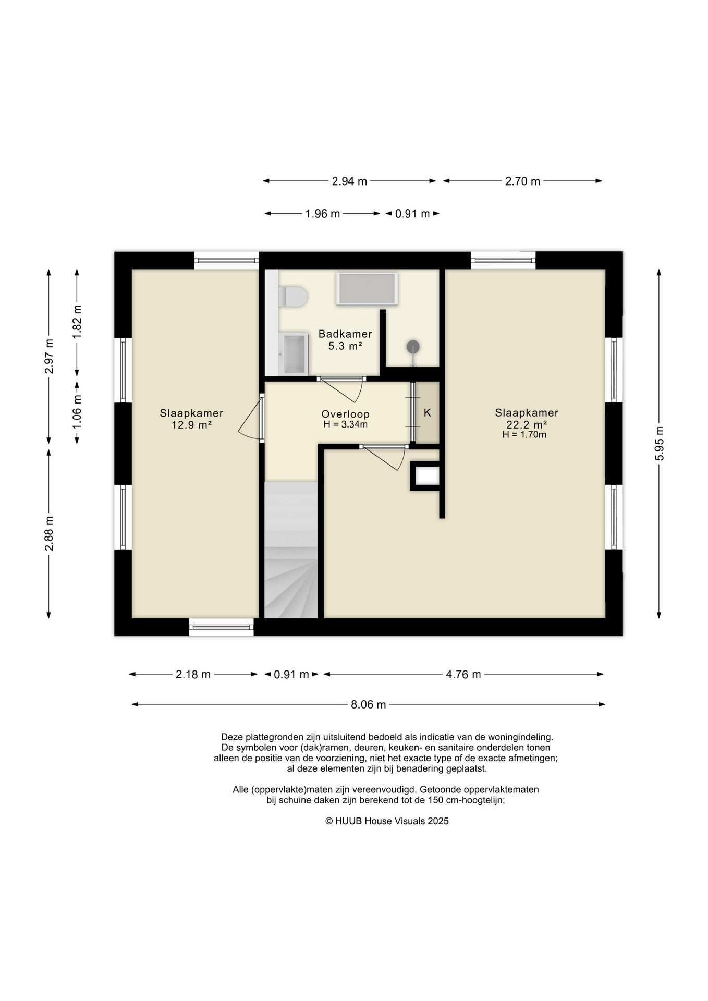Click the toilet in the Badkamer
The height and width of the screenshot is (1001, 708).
pyautogui.click(x=292, y=297)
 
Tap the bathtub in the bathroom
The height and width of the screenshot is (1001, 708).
pyautogui.click(x=368, y=289)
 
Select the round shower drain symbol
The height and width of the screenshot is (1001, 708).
pyautogui.click(x=413, y=347)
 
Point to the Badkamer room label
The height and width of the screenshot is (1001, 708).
pyautogui.click(x=345, y=334)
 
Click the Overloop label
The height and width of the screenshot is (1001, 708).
pyautogui.click(x=345, y=414)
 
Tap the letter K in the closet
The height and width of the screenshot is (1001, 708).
pyautogui.click(x=428, y=413)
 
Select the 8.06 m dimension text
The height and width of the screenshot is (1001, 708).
pyautogui.click(x=369, y=705)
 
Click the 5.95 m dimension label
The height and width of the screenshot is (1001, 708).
pyautogui.click(x=660, y=444)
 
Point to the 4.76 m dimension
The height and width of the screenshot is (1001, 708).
pyautogui.click(x=463, y=674)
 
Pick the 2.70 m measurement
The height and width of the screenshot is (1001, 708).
pyautogui.click(x=522, y=181)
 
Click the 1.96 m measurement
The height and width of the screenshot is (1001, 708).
pyautogui.click(x=323, y=214)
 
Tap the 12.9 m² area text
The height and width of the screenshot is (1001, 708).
pyautogui.click(x=191, y=425)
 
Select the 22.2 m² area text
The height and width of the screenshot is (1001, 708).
pyautogui.click(x=527, y=424)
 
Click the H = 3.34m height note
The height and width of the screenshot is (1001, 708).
pyautogui.click(x=345, y=424)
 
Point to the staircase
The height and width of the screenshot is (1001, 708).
pyautogui.click(x=291, y=550)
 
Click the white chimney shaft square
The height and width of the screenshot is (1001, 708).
pyautogui.click(x=427, y=475)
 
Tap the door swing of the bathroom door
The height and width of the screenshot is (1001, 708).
pyautogui.click(x=341, y=389)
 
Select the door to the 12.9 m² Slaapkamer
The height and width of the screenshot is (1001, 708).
pyautogui.click(x=251, y=418)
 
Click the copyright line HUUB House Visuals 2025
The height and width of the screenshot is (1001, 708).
pyautogui.click(x=387, y=821)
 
